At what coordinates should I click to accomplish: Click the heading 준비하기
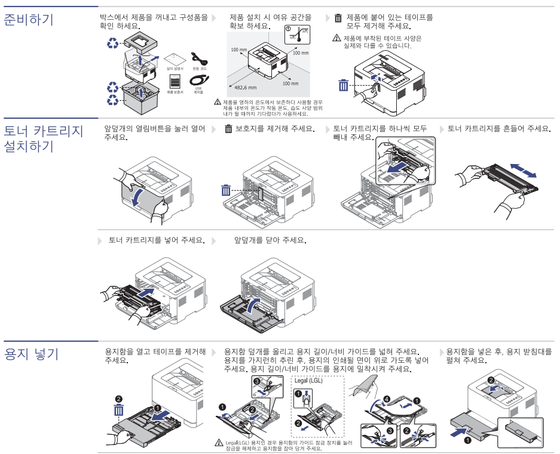(x=29, y=20)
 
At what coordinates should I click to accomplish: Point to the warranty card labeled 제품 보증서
(x=175, y=82)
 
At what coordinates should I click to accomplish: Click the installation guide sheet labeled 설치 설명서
(x=174, y=59)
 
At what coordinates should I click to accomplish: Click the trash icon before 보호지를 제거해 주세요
(x=228, y=129)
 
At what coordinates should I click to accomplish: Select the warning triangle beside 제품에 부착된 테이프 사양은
(x=336, y=38)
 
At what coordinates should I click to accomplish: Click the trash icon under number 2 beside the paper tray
(x=118, y=410)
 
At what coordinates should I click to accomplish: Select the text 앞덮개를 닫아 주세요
(x=270, y=240)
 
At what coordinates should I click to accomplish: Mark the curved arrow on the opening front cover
(x=138, y=197)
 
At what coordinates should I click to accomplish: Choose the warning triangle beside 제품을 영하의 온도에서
(x=218, y=103)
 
